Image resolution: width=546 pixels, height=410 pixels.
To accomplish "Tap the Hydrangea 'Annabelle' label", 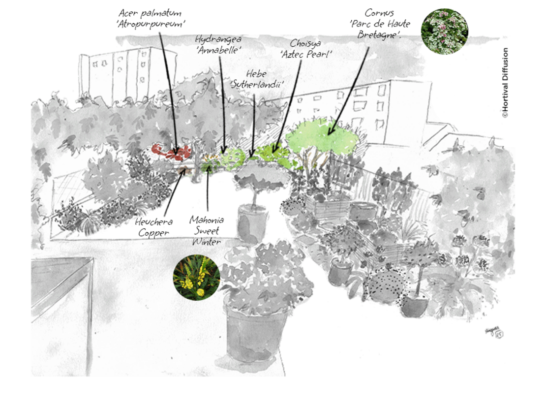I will tap(218, 44).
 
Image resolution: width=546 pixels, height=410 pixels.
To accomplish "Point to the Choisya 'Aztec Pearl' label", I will tap(305, 48).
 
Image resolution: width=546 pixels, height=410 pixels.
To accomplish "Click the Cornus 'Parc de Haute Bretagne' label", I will tap(379, 24).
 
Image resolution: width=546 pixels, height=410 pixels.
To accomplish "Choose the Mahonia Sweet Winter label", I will tap(206, 229).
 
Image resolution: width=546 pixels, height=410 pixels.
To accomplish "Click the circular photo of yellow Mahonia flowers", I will tap(196, 277).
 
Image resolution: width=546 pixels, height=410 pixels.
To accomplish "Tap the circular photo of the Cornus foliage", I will tap(444, 31).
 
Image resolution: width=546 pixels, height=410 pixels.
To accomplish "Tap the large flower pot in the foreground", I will tap(255, 327).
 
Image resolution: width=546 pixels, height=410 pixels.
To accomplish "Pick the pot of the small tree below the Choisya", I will tap(252, 222).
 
